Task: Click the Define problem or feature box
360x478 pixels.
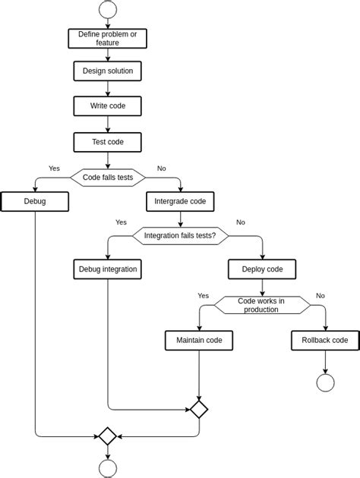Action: (107, 39)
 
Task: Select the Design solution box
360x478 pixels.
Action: (107, 71)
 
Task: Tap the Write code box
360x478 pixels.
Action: (107, 106)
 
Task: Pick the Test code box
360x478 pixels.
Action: (107, 142)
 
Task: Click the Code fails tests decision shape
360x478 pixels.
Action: (107, 178)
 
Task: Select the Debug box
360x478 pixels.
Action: (35, 202)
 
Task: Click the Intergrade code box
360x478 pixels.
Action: (180, 202)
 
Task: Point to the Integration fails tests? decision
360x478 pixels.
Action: (180, 236)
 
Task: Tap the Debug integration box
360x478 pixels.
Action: (107, 269)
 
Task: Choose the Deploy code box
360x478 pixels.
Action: (262, 269)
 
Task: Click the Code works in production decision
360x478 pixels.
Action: (262, 305)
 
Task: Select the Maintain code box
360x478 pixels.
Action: (199, 341)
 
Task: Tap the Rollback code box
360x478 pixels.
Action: (325, 341)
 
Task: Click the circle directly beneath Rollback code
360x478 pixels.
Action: (325, 382)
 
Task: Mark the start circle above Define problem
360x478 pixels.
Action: (107, 9)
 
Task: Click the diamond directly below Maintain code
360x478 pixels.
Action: (199, 410)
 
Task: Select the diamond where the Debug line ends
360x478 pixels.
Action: (107, 436)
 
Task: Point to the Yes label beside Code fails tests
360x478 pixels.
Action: (54, 168)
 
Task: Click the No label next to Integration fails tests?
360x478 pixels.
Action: (241, 222)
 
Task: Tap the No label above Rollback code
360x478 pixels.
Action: (321, 296)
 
